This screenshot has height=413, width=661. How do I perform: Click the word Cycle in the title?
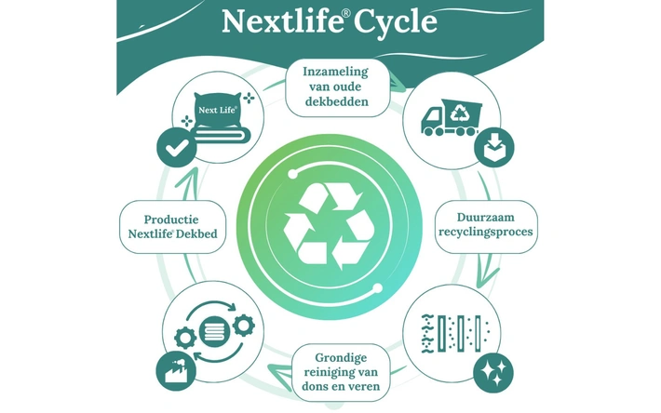395,21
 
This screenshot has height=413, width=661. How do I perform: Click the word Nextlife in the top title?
281,20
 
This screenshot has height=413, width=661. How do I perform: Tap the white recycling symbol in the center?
329,226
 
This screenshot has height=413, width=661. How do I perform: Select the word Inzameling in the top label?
335,72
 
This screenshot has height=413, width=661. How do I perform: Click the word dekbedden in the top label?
336,101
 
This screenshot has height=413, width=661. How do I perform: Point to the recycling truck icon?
452,117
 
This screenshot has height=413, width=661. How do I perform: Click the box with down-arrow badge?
494,147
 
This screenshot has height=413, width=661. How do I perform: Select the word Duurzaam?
486,218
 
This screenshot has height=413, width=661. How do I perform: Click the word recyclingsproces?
486,232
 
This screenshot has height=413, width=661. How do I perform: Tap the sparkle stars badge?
493,373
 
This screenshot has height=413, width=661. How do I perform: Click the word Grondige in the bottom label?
341,358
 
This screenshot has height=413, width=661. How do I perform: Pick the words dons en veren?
341,386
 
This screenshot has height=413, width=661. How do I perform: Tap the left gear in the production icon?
185,338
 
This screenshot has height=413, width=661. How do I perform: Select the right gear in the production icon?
244,325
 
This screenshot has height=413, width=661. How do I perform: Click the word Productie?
171,220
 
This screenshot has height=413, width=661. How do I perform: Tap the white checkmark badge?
177,148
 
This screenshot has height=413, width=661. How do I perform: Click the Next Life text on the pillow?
218,111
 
